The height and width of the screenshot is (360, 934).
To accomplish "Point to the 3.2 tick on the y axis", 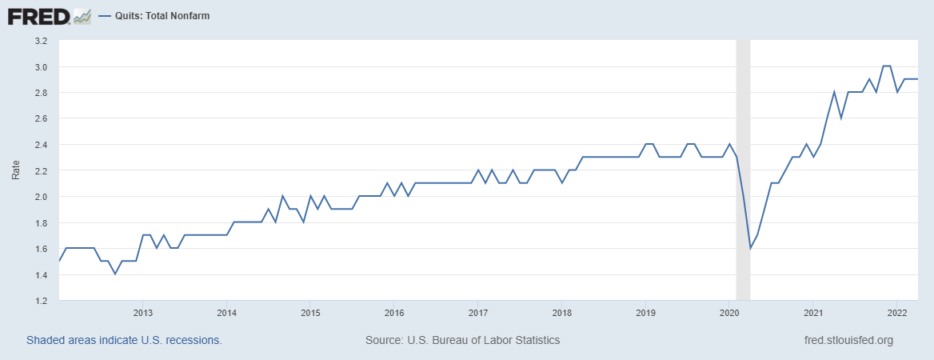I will click(41, 41).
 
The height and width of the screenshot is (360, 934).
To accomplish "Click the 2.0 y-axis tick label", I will click(41, 197).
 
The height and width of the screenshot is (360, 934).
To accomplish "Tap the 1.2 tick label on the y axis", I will click(41, 301).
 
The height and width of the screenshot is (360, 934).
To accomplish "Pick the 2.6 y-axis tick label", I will click(41, 118).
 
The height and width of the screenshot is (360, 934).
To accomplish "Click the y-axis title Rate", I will click(16, 170).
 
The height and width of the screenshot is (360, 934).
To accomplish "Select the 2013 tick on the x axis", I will click(143, 313).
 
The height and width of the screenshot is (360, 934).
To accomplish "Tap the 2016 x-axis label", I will click(393, 313).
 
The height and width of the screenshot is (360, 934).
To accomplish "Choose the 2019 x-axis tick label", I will click(645, 313).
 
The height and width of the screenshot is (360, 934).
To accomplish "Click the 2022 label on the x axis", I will click(896, 313).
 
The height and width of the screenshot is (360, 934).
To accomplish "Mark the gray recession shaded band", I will click(743, 170).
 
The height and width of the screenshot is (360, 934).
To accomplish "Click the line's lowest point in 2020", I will click(750, 249).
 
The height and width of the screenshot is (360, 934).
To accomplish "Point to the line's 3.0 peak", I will click(886, 66).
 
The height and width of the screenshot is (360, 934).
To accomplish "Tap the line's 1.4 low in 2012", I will click(115, 274).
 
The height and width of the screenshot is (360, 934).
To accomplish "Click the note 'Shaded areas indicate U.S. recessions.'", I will click(124, 340).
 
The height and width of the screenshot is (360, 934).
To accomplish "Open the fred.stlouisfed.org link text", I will click(848, 340).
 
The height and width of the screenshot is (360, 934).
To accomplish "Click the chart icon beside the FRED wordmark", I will click(82, 15).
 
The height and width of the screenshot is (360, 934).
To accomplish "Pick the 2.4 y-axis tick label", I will click(41, 145).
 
